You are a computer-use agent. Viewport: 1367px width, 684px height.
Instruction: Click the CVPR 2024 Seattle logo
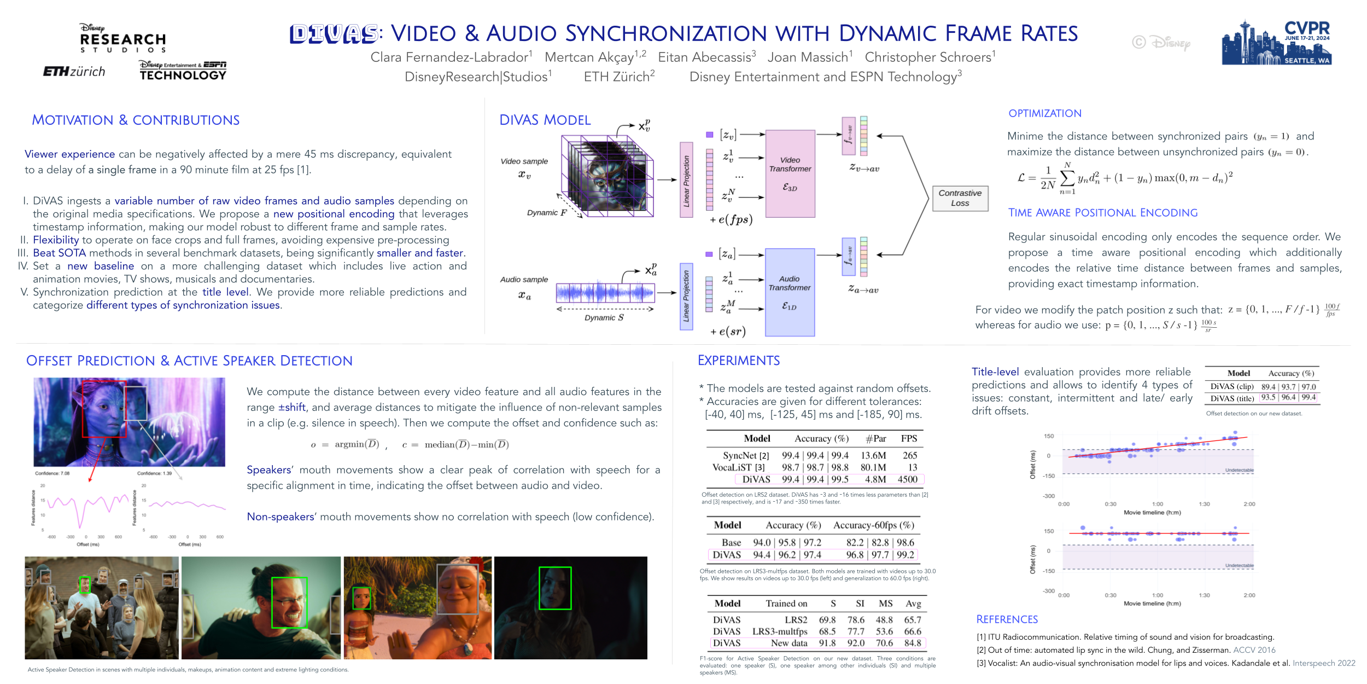coord(1276,43)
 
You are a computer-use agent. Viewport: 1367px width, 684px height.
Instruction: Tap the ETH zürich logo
coord(74,72)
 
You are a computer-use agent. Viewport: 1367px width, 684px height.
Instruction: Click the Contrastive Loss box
coord(960,198)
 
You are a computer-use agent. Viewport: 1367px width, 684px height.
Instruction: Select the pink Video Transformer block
coord(790,173)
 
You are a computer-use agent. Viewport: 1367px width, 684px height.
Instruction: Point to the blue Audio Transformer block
coord(789,292)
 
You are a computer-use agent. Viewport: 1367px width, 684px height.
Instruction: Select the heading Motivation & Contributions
coord(136,120)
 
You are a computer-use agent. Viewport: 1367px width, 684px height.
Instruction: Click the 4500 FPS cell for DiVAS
coord(907,479)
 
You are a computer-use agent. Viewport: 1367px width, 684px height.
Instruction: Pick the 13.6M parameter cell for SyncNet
coord(873,455)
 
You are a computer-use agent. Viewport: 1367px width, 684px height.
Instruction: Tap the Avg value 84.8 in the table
coord(912,643)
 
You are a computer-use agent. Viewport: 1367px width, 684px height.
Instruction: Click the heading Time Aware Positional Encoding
coord(1102,213)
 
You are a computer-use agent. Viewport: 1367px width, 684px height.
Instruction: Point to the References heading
coord(1007,619)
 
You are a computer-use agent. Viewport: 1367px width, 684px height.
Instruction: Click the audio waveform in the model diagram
coord(605,293)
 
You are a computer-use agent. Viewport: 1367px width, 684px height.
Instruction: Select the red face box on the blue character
coord(104,409)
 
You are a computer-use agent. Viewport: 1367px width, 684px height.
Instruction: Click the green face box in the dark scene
coord(554,588)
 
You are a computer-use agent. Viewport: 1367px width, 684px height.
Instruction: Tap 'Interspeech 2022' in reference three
coord(1323,663)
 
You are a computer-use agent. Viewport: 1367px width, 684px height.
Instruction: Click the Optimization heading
coord(1044,114)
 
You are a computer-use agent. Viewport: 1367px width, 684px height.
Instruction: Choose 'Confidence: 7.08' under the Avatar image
coord(52,473)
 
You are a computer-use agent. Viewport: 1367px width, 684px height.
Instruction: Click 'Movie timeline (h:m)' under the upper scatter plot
coord(1152,513)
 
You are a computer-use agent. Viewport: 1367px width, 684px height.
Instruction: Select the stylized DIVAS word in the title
coord(334,34)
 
